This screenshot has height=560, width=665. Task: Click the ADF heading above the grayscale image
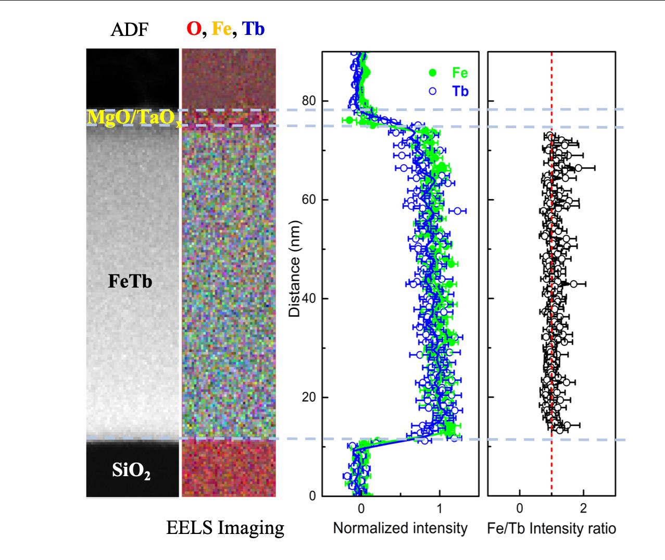point(129,30)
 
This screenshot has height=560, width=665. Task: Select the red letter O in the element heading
point(194,30)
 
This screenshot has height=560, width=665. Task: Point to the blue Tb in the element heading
point(253,30)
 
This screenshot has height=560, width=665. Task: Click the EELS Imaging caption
point(225,528)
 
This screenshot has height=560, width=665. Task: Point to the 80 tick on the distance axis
point(308,101)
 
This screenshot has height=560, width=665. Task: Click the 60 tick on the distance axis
point(308,200)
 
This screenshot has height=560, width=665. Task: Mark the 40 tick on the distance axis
point(308,298)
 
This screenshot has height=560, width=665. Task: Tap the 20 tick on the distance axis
point(308,397)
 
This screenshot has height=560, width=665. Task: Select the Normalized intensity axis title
point(400,528)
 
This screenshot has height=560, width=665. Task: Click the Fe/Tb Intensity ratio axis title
point(551,528)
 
